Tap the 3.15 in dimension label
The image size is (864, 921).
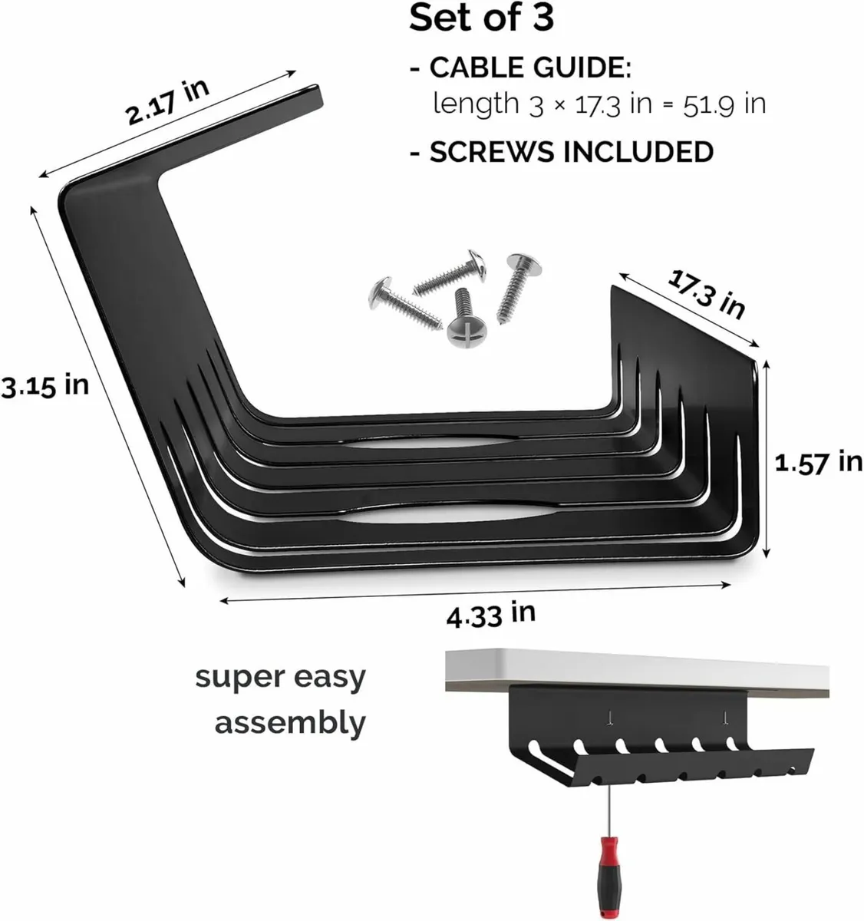click(x=45, y=385)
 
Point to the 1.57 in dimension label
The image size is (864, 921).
click(x=818, y=462)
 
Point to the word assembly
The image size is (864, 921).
click(x=290, y=723)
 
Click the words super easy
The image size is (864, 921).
click(x=280, y=678)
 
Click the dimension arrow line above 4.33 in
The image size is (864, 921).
click(x=476, y=593)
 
